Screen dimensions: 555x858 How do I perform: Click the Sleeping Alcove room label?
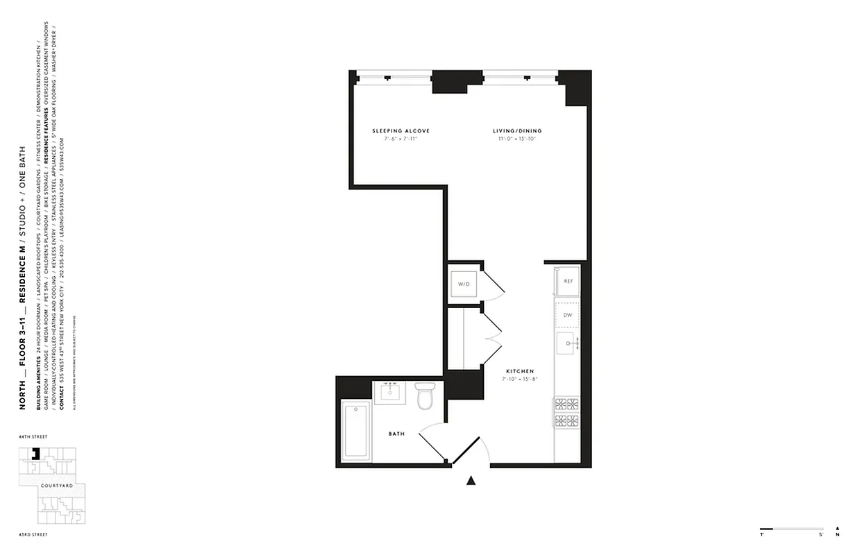click(401, 131)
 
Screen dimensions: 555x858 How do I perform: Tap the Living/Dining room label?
click(517, 131)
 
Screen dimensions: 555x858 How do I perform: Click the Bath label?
click(396, 434)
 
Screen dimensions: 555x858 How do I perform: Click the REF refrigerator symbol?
click(568, 281)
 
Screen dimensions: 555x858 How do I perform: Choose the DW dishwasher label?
click(567, 315)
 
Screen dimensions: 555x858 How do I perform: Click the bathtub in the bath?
click(357, 430)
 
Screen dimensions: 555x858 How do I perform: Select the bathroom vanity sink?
click(388, 392)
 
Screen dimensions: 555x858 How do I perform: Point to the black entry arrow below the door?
click(471, 479)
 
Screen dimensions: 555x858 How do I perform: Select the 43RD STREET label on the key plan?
click(35, 535)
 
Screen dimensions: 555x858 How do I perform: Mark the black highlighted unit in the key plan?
click(39, 454)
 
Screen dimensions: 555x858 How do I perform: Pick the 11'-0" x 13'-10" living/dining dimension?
click(517, 139)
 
